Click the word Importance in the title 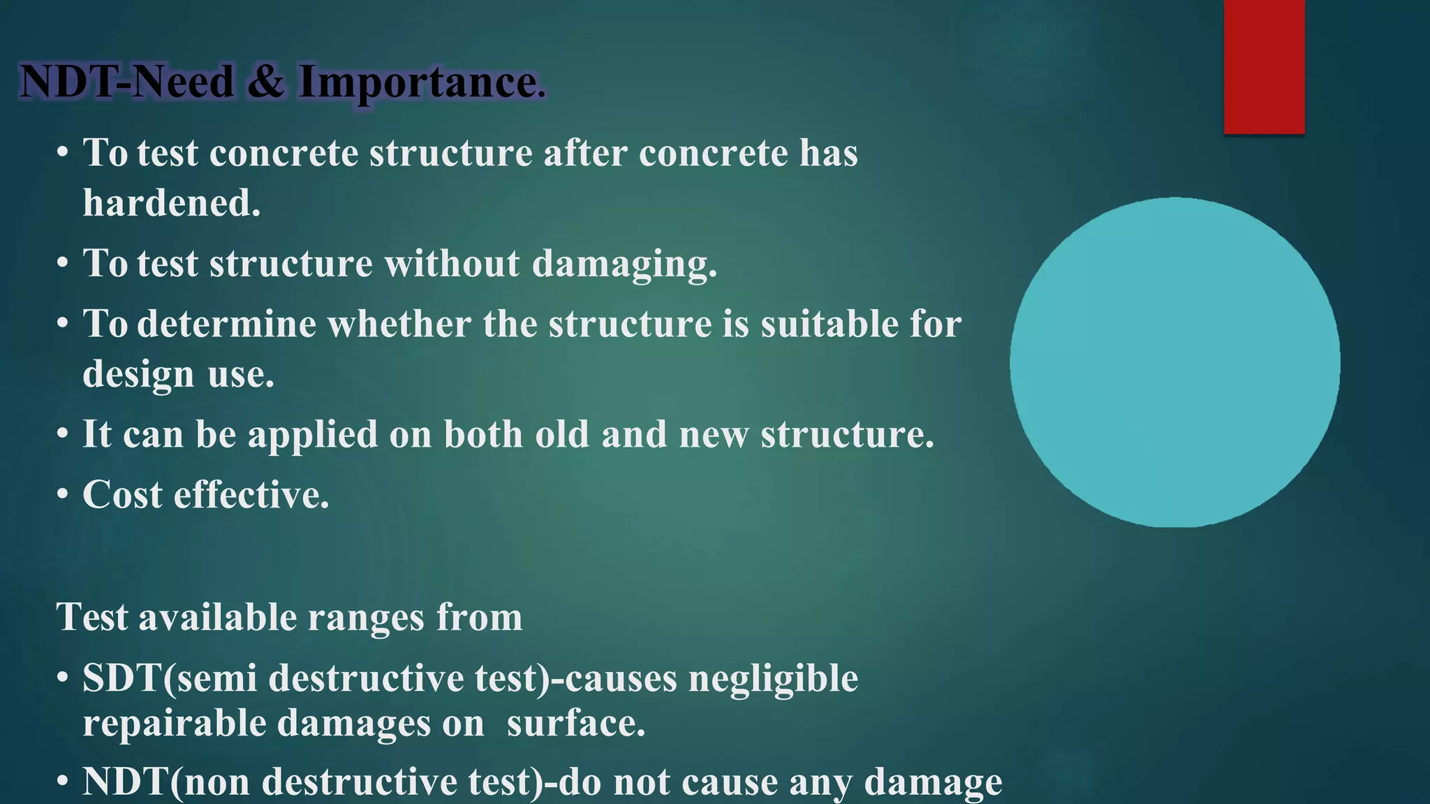tap(421, 82)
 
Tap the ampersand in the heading tap(265, 82)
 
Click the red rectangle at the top tap(1264, 66)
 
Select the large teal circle tap(1174, 362)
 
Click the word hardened tap(171, 204)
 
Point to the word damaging tap(624, 265)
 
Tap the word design tap(138, 375)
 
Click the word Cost tap(122, 496)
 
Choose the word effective tap(251, 496)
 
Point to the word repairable tap(174, 723)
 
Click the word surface tap(575, 723)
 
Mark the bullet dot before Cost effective tap(63, 495)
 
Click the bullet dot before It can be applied tap(63, 435)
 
